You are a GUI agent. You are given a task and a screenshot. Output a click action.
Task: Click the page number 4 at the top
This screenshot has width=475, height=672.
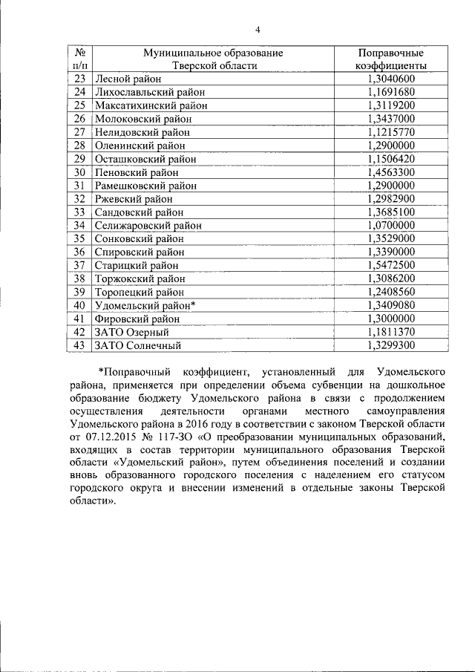pos(258,30)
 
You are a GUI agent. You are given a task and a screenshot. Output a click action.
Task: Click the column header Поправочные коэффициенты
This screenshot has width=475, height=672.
pos(390,59)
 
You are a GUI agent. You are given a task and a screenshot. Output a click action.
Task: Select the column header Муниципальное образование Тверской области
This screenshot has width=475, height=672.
pos(214,59)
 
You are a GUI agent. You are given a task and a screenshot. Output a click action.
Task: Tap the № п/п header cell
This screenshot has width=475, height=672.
pos(80,59)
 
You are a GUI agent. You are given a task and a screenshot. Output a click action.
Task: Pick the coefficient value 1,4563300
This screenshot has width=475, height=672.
pos(390,172)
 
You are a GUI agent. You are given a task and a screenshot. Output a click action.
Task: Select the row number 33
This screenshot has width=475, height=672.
pos(80,212)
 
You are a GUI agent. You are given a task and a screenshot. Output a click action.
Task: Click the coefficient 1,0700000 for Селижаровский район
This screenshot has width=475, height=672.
pos(390,225)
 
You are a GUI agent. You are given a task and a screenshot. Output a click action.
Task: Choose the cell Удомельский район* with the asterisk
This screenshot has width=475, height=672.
pos(145,305)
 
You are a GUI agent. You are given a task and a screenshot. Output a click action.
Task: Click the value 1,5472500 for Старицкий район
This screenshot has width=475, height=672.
pos(390,265)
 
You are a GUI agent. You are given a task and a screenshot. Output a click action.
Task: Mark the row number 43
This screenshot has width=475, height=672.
pos(80,345)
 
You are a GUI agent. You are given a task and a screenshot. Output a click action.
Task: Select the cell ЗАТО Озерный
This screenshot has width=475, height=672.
pos(131,332)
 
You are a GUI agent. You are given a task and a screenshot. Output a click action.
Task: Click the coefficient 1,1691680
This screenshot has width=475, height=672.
pos(390,92)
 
